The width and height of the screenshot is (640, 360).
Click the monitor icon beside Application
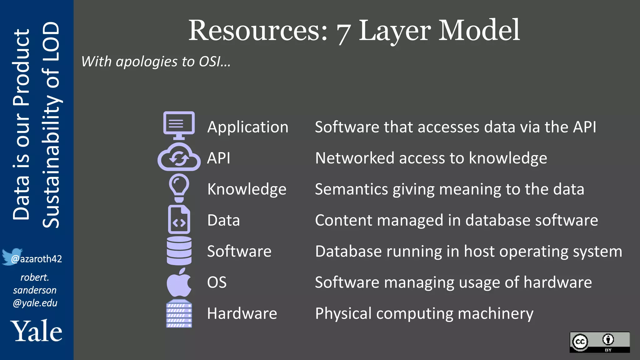179,125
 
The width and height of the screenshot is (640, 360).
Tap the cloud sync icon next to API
179,157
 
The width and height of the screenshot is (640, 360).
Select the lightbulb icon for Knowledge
179,188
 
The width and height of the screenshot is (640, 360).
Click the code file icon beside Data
179,219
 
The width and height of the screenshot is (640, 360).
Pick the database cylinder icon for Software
179,251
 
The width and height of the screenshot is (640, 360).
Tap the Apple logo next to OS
179,282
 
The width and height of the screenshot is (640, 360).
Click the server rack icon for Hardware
179,313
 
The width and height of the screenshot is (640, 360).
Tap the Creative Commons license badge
599,342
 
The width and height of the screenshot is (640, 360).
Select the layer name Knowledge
247,189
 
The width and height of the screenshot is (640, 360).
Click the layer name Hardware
242,313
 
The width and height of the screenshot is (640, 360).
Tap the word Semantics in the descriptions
351,189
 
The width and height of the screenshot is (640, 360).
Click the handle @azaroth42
36,259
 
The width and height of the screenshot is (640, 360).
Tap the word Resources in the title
258,30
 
